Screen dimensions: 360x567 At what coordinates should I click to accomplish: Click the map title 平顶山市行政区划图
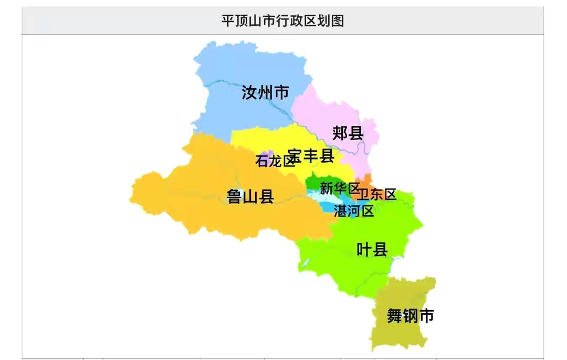click(282, 21)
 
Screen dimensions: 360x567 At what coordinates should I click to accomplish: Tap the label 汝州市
click(265, 93)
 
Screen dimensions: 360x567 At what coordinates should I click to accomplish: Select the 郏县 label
click(348, 133)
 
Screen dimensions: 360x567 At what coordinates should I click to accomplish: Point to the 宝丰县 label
click(311, 155)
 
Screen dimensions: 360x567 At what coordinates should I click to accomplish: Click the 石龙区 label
click(275, 161)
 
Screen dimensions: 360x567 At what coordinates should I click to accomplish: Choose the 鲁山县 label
click(250, 196)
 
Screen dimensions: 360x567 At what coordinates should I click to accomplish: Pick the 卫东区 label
click(376, 194)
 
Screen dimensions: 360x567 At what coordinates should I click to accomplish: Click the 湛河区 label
click(354, 211)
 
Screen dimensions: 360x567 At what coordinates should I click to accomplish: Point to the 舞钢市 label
click(411, 316)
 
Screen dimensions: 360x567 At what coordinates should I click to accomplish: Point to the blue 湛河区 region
click(328, 208)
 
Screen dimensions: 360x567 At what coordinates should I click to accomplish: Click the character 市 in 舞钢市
click(427, 316)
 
